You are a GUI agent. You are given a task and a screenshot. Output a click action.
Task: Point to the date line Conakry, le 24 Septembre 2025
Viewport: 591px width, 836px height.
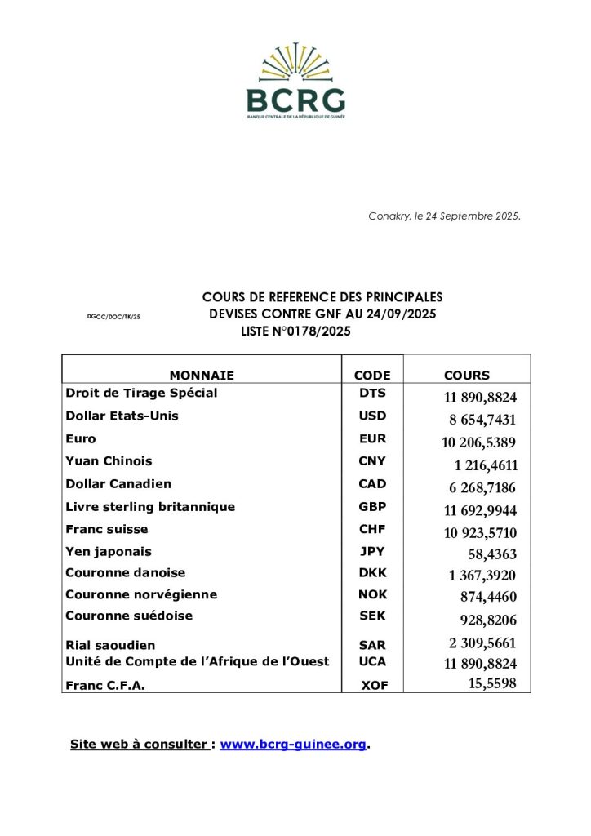[444, 216]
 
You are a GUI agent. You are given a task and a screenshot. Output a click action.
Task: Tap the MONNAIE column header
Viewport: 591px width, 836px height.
[202, 376]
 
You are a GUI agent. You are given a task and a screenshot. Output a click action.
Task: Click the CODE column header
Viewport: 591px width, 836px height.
[372, 376]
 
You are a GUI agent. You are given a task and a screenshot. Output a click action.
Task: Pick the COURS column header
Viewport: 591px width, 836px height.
[467, 376]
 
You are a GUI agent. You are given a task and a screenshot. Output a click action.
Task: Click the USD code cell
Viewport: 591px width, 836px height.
[372, 416]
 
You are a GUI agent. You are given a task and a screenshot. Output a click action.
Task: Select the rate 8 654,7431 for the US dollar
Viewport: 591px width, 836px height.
[482, 420]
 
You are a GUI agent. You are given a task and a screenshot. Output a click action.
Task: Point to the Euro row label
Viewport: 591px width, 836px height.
[80, 438]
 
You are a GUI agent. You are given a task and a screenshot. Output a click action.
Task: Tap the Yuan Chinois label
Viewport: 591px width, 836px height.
[109, 461]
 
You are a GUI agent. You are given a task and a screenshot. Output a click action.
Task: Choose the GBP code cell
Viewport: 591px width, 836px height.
[372, 506]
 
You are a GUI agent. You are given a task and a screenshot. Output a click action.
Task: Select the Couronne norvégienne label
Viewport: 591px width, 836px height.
[141, 594]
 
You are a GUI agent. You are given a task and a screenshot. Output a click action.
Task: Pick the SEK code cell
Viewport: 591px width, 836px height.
[372, 616]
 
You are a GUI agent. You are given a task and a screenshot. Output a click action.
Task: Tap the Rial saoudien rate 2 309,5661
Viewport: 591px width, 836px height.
[482, 643]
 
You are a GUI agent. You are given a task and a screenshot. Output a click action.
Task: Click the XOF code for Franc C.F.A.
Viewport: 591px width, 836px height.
[375, 687]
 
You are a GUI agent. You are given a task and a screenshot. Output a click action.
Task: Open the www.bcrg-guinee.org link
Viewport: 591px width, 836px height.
[293, 745]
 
